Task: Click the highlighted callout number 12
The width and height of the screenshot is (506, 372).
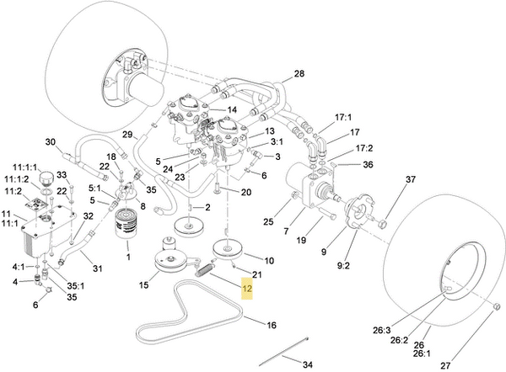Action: click(247, 289)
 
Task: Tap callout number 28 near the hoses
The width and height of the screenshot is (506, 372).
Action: click(299, 75)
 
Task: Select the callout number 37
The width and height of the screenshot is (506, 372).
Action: click(411, 180)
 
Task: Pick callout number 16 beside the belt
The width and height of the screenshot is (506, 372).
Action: click(272, 325)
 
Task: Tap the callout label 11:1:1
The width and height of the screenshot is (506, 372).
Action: click(25, 167)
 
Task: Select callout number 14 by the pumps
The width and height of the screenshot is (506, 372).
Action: click(232, 109)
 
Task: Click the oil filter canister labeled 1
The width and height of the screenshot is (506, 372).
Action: click(126, 225)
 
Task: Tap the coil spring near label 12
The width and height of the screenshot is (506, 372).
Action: click(204, 271)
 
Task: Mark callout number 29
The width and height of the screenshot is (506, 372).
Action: click(127, 135)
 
